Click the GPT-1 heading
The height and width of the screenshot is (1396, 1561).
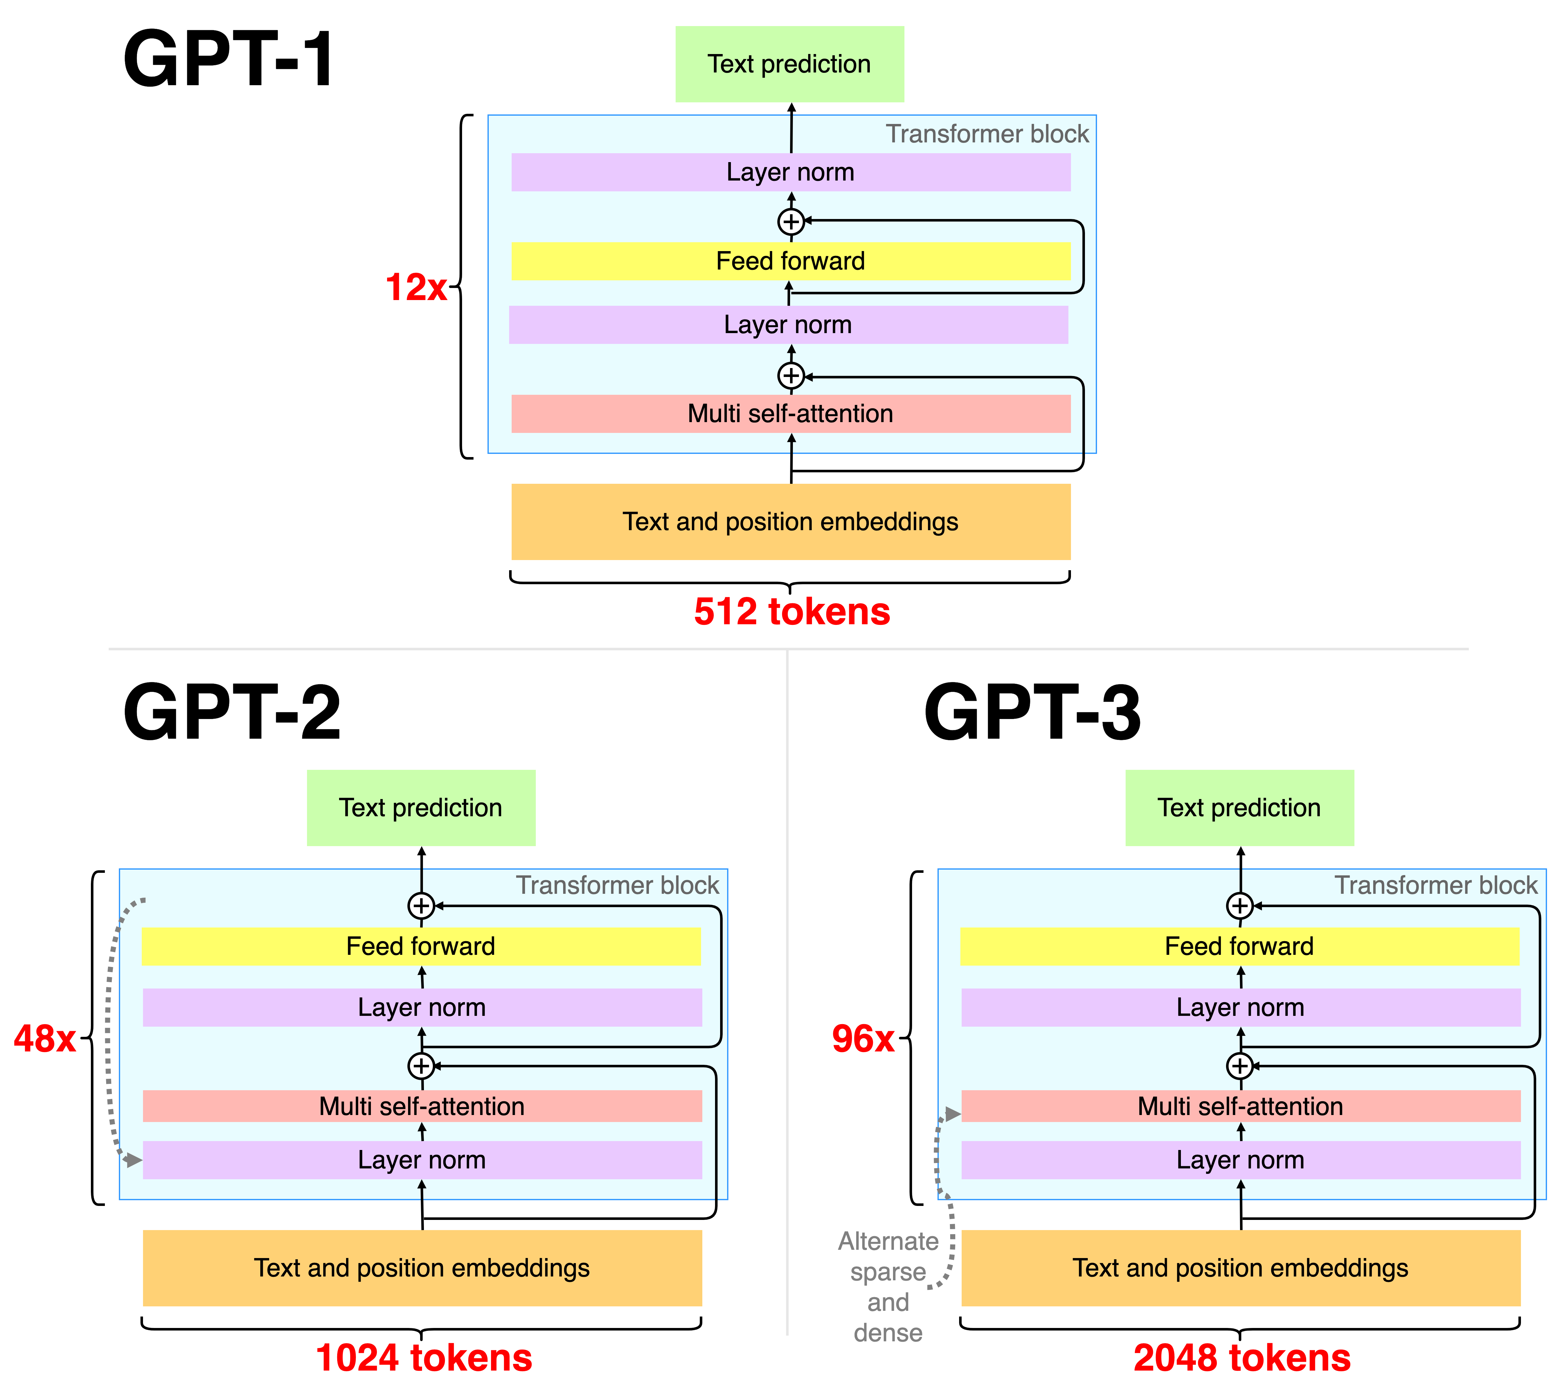(x=228, y=60)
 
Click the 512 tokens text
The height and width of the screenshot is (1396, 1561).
(x=791, y=611)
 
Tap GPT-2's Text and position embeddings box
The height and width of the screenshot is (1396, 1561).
(x=422, y=1268)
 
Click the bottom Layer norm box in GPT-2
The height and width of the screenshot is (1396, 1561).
(x=422, y=1160)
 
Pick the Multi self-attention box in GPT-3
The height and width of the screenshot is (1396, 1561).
(x=1240, y=1106)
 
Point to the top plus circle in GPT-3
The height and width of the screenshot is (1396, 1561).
(x=1240, y=906)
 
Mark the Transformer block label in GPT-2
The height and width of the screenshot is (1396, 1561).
(x=617, y=885)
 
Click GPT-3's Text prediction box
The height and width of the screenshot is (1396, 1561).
(x=1239, y=808)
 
